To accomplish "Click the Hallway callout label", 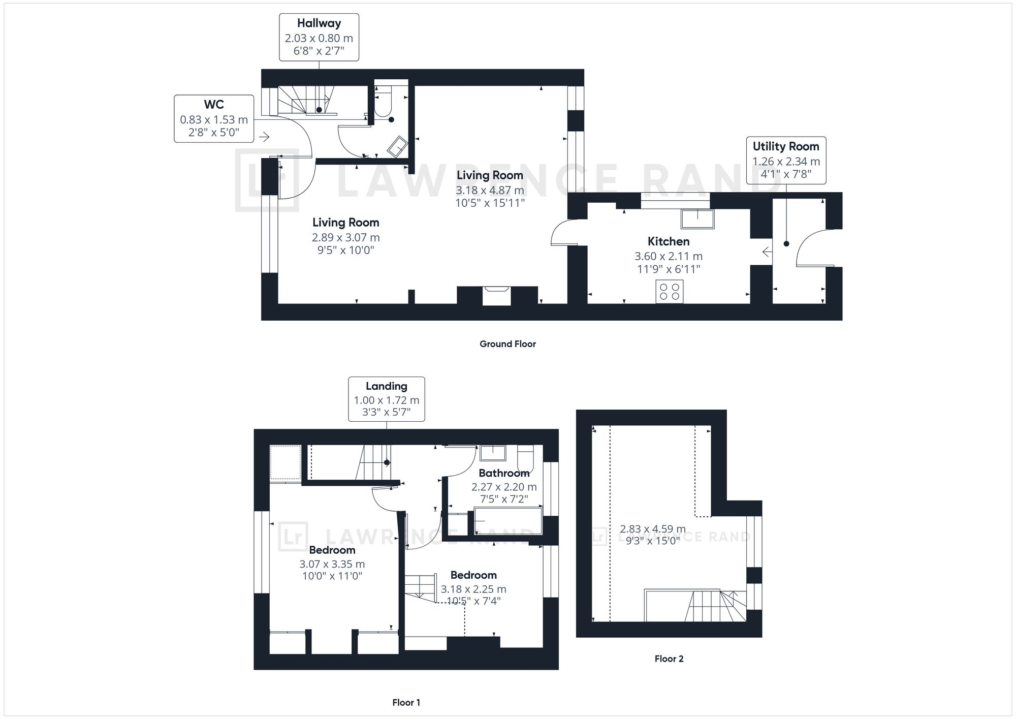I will coord(319,37).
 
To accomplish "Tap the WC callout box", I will coord(214,118).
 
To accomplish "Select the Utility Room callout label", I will coord(786,160).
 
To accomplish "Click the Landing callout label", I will coord(386,399).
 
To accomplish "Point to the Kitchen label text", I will coord(669,241).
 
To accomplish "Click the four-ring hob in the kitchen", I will coord(670,291).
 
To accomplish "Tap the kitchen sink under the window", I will coord(697,219).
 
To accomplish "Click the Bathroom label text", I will coord(504,473).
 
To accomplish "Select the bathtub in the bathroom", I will coord(507,521).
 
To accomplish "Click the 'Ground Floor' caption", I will coord(507,344).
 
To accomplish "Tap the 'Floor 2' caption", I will coord(669,659).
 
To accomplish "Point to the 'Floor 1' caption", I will coord(406,703).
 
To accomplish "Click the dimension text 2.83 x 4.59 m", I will coord(653,529).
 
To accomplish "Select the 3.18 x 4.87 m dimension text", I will coord(490,190).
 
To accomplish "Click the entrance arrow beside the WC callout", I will coord(264,137).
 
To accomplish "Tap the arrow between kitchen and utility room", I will coord(767,252).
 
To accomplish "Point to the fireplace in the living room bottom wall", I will coord(496,295).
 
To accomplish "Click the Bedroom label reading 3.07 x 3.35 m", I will coord(332,550).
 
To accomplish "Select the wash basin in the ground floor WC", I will coord(397,146).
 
